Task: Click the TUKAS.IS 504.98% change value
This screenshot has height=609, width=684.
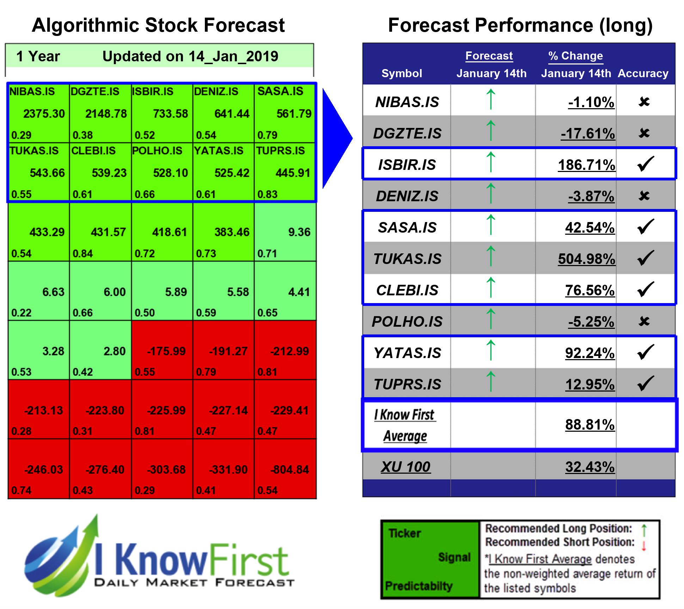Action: (586, 259)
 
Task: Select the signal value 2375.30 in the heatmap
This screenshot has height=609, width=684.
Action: (44, 114)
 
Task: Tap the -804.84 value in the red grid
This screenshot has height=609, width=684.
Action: (289, 469)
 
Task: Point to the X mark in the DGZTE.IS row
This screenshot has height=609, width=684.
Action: (644, 133)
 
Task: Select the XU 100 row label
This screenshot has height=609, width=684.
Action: (406, 467)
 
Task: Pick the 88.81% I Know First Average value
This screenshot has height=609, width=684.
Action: (590, 425)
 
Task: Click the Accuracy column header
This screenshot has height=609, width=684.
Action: (643, 73)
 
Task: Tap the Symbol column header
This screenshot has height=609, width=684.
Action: (402, 73)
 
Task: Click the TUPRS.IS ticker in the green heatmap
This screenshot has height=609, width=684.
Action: (280, 150)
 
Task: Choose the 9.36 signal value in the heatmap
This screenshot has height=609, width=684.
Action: (299, 232)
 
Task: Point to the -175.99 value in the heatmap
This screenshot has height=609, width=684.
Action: (166, 351)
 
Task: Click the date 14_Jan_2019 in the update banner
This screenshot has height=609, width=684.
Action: (233, 56)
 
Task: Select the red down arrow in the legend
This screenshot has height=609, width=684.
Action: (644, 545)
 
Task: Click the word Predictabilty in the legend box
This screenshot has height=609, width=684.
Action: (419, 586)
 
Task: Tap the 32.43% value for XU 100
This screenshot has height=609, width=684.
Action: (590, 467)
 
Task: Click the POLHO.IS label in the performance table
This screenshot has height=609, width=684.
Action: (407, 321)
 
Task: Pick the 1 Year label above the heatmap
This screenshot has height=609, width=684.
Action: (38, 56)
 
